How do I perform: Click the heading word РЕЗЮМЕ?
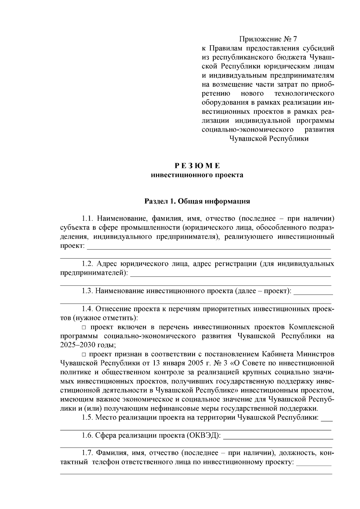click(x=197, y=166)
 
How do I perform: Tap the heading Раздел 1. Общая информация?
click(x=197, y=201)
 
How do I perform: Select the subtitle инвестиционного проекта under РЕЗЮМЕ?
click(x=197, y=175)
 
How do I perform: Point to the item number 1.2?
click(x=88, y=264)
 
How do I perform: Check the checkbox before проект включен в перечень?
click(x=84, y=327)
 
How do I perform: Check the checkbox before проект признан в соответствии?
click(x=84, y=354)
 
